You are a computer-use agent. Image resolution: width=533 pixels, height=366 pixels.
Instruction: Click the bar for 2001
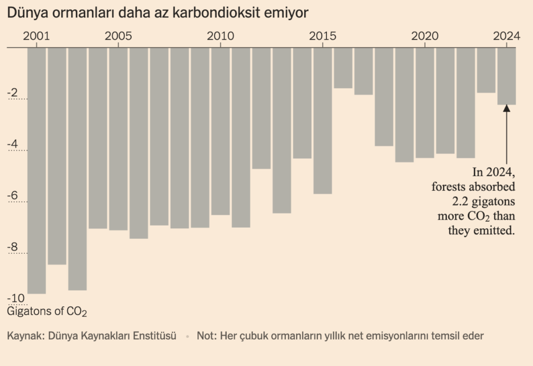36,170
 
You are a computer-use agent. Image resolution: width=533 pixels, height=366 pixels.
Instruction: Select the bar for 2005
118,138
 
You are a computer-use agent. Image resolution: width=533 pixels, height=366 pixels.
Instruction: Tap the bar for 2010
220,131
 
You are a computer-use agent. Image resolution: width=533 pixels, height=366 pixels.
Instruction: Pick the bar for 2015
323,120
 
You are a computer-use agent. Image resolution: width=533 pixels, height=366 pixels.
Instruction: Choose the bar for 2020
425,102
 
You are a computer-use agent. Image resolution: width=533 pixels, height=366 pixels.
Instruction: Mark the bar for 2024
506,76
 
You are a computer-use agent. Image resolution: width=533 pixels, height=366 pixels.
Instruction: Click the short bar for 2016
343,68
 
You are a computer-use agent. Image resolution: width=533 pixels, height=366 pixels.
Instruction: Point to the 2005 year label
118,36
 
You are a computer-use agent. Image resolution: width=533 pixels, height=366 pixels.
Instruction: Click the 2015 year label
323,36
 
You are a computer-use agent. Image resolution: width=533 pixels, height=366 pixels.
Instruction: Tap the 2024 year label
506,36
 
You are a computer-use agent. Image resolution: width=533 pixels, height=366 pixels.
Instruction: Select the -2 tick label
12,93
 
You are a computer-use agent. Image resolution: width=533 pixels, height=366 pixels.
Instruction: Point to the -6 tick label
12,196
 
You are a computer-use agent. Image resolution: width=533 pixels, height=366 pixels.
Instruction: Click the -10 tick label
16,298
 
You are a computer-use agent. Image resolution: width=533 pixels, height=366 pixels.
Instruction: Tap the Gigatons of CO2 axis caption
47,312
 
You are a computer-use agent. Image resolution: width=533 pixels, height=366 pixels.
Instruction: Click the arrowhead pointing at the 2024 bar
506,108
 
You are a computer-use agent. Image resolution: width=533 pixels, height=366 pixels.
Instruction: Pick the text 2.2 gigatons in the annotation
481,201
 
